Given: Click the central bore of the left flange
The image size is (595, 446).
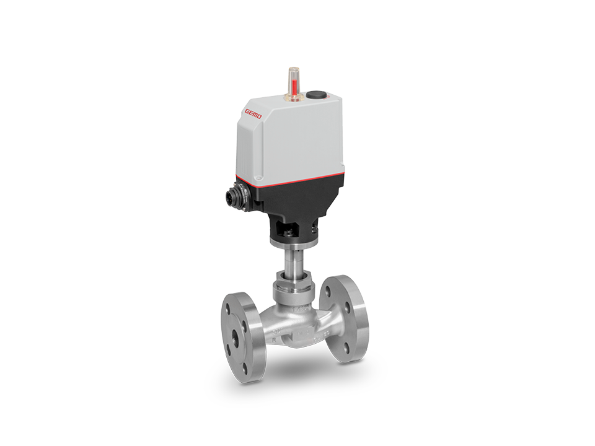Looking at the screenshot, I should coord(235,338).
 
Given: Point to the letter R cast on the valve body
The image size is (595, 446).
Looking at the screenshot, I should coord(274,340).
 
